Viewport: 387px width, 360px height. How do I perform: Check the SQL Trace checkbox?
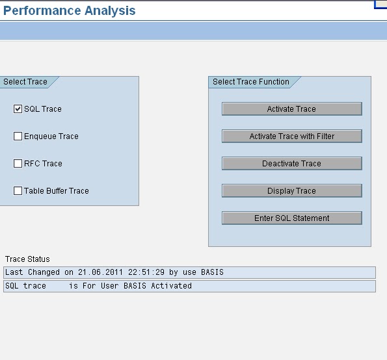(18, 109)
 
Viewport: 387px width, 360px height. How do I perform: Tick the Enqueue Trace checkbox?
(18, 136)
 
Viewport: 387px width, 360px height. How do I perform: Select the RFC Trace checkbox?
(18, 164)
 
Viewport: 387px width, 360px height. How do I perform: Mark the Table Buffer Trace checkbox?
(18, 191)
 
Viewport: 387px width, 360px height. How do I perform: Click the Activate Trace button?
(291, 109)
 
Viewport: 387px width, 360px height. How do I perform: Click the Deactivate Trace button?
(291, 164)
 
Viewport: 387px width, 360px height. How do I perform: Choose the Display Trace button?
(291, 191)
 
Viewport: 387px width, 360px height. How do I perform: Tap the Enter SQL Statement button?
(291, 218)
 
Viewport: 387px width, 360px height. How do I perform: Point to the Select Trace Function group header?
(251, 82)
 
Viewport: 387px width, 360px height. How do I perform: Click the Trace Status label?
(27, 259)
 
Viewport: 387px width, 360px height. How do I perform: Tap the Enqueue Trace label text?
(51, 136)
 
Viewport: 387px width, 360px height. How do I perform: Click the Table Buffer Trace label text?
(56, 191)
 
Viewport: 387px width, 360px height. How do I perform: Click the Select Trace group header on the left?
(25, 82)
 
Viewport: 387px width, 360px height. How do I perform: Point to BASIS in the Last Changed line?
(209, 272)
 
